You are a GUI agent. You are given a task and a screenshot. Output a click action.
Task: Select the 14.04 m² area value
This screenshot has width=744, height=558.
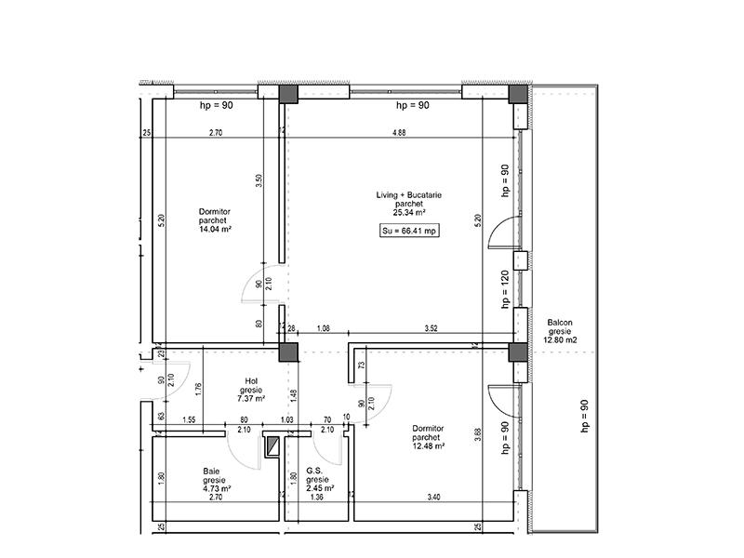(215, 229)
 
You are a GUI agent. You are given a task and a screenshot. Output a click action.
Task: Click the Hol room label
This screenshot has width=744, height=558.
(250, 381)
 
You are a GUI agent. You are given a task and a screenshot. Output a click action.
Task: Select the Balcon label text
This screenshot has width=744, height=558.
(559, 322)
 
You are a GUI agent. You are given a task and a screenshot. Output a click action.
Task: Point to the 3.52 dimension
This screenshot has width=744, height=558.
(431, 328)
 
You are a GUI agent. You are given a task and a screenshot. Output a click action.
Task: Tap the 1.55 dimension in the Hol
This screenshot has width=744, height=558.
(189, 420)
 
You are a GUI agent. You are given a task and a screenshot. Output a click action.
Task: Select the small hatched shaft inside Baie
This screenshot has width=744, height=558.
(272, 448)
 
